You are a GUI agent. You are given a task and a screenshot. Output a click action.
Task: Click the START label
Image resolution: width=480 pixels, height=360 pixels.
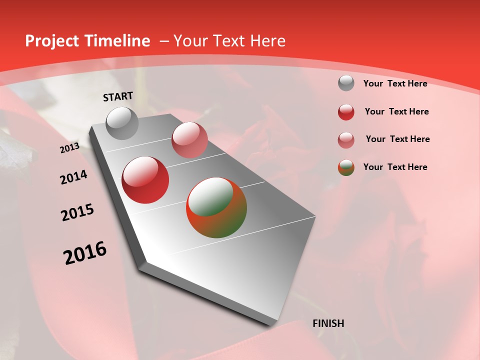(118, 96)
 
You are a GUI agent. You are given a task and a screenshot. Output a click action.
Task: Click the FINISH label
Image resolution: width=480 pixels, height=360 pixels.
(328, 323)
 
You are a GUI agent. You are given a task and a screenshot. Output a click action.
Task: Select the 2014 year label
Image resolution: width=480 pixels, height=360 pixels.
(73, 177)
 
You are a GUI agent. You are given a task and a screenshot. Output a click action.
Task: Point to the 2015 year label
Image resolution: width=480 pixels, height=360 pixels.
(77, 212)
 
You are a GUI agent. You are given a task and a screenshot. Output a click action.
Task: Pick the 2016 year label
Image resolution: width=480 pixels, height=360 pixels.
(85, 252)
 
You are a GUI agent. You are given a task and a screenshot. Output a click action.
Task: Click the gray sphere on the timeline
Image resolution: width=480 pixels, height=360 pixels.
(122, 123)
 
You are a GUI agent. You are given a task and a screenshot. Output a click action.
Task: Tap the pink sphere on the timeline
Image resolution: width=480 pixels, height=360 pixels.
(189, 140)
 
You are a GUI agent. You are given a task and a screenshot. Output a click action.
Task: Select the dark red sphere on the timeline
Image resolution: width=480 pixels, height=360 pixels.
(145, 180)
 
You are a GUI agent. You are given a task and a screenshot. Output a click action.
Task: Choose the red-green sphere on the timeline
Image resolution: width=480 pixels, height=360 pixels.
(216, 207)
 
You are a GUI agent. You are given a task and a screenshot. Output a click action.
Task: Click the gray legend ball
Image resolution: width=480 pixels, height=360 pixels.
(346, 83)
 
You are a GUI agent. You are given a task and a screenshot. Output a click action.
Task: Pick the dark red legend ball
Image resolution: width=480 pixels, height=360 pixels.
(346, 112)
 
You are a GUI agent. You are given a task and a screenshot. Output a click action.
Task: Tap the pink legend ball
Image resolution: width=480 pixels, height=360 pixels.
(346, 140)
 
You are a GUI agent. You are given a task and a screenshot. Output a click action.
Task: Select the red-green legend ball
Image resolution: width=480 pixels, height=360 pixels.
(346, 167)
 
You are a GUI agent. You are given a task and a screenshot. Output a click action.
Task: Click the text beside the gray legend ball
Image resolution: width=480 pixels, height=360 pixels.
(395, 83)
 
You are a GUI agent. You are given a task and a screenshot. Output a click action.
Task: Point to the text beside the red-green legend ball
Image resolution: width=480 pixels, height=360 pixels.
(395, 167)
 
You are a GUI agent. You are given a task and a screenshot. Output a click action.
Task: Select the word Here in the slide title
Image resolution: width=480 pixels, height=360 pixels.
(267, 41)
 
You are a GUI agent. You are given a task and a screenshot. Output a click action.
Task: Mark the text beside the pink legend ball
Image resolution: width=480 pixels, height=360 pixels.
(397, 139)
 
